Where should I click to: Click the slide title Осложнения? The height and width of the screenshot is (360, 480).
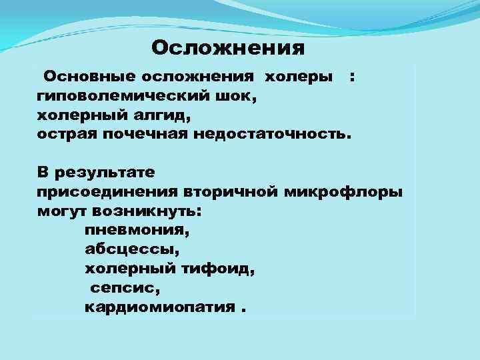pos(228,48)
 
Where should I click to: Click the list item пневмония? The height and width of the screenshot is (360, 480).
pos(137,231)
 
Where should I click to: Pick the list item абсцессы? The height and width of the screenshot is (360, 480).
pos(131,249)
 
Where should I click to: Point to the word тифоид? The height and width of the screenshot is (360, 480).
pos(221,269)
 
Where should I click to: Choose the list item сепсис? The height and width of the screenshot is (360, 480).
pos(123,288)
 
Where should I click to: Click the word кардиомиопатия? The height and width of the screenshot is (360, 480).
pos(160,307)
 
